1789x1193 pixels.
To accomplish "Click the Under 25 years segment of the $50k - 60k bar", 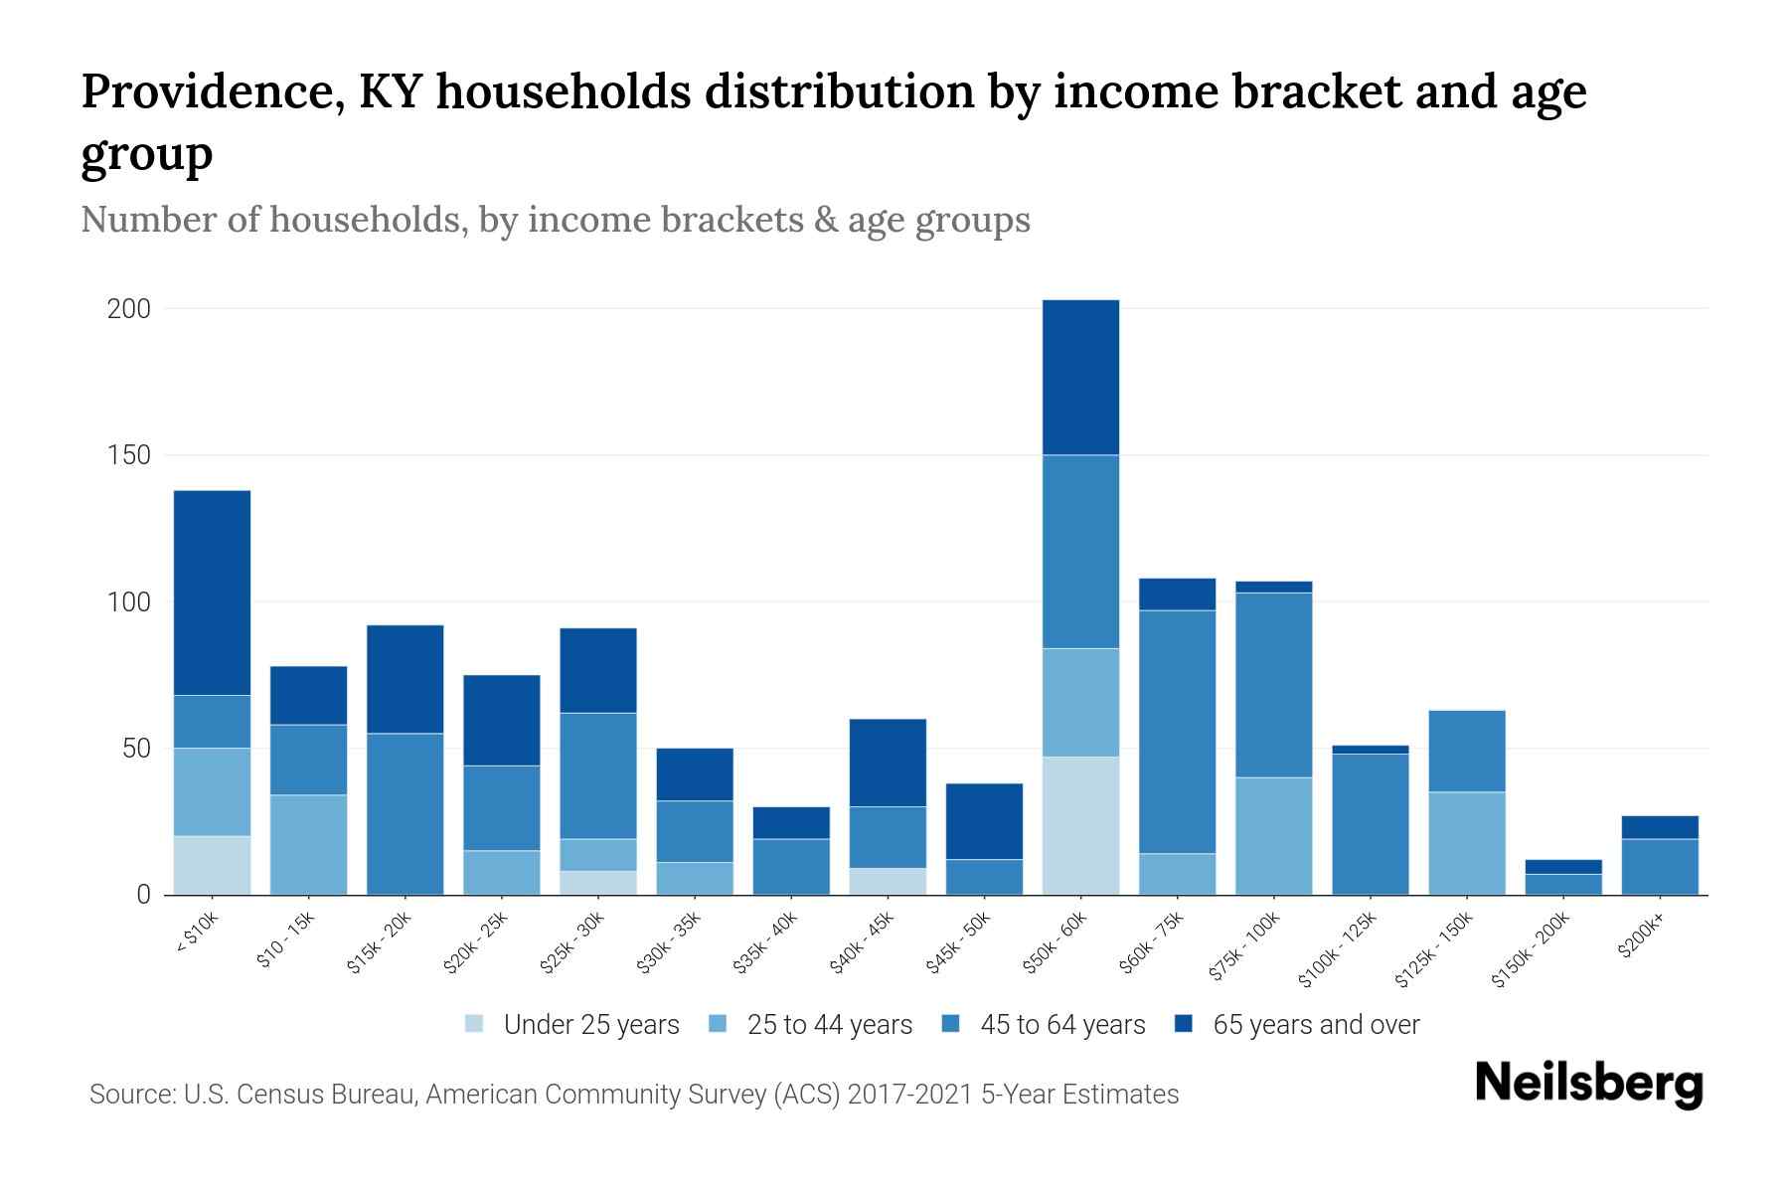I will [x=1080, y=825].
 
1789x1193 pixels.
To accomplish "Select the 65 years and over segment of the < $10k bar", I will [x=212, y=593].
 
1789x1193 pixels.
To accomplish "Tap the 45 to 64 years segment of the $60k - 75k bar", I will [x=1177, y=732].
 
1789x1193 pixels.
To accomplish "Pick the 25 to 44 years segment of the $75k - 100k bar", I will [x=1273, y=835].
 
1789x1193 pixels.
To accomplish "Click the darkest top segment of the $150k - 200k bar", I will [x=1563, y=867].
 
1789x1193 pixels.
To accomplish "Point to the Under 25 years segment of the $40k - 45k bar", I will [x=888, y=881].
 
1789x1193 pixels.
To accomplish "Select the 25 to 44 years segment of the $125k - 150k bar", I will [x=1467, y=843].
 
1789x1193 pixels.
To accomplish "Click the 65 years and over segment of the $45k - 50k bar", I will [x=984, y=821].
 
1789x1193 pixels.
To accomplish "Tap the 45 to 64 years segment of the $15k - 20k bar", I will [x=405, y=813].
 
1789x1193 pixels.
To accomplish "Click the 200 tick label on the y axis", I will [x=129, y=309].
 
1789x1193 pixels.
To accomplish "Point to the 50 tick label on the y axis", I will [x=136, y=749].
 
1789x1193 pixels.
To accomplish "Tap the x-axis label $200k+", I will [x=1640, y=937].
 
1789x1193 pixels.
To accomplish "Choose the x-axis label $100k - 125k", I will [x=1338, y=949].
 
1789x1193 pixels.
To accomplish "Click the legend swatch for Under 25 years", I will [x=474, y=1024].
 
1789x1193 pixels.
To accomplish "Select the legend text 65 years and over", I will [x=1316, y=1025].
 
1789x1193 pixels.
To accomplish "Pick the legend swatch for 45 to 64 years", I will [x=950, y=1024].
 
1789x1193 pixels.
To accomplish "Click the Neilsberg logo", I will [x=1588, y=1084].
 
